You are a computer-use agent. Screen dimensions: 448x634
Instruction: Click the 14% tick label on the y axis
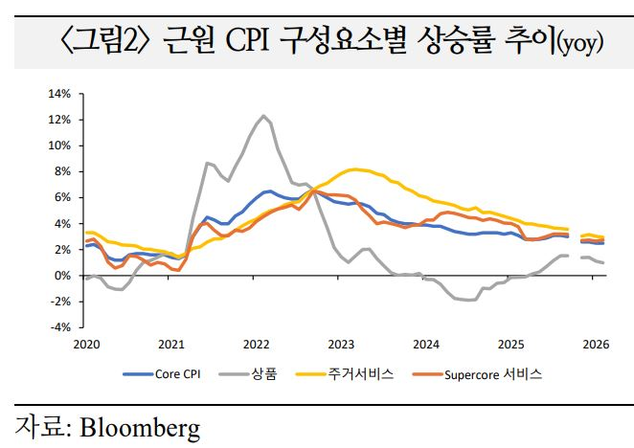[x=59, y=94]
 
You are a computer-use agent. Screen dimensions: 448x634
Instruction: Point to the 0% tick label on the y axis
[x=62, y=275]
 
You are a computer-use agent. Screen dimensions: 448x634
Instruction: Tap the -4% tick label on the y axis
[x=59, y=326]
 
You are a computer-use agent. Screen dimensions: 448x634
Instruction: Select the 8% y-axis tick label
[x=62, y=171]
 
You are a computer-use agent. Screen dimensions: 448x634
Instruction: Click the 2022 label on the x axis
[x=256, y=343]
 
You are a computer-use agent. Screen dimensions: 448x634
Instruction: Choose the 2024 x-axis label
[x=426, y=343]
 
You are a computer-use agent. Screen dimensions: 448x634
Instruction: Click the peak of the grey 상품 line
[x=262, y=117]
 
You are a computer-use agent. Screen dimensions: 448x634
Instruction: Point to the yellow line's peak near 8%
[x=355, y=169]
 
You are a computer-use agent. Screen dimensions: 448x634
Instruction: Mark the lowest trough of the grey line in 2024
[x=469, y=301]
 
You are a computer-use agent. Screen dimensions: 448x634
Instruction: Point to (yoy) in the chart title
[x=580, y=44]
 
